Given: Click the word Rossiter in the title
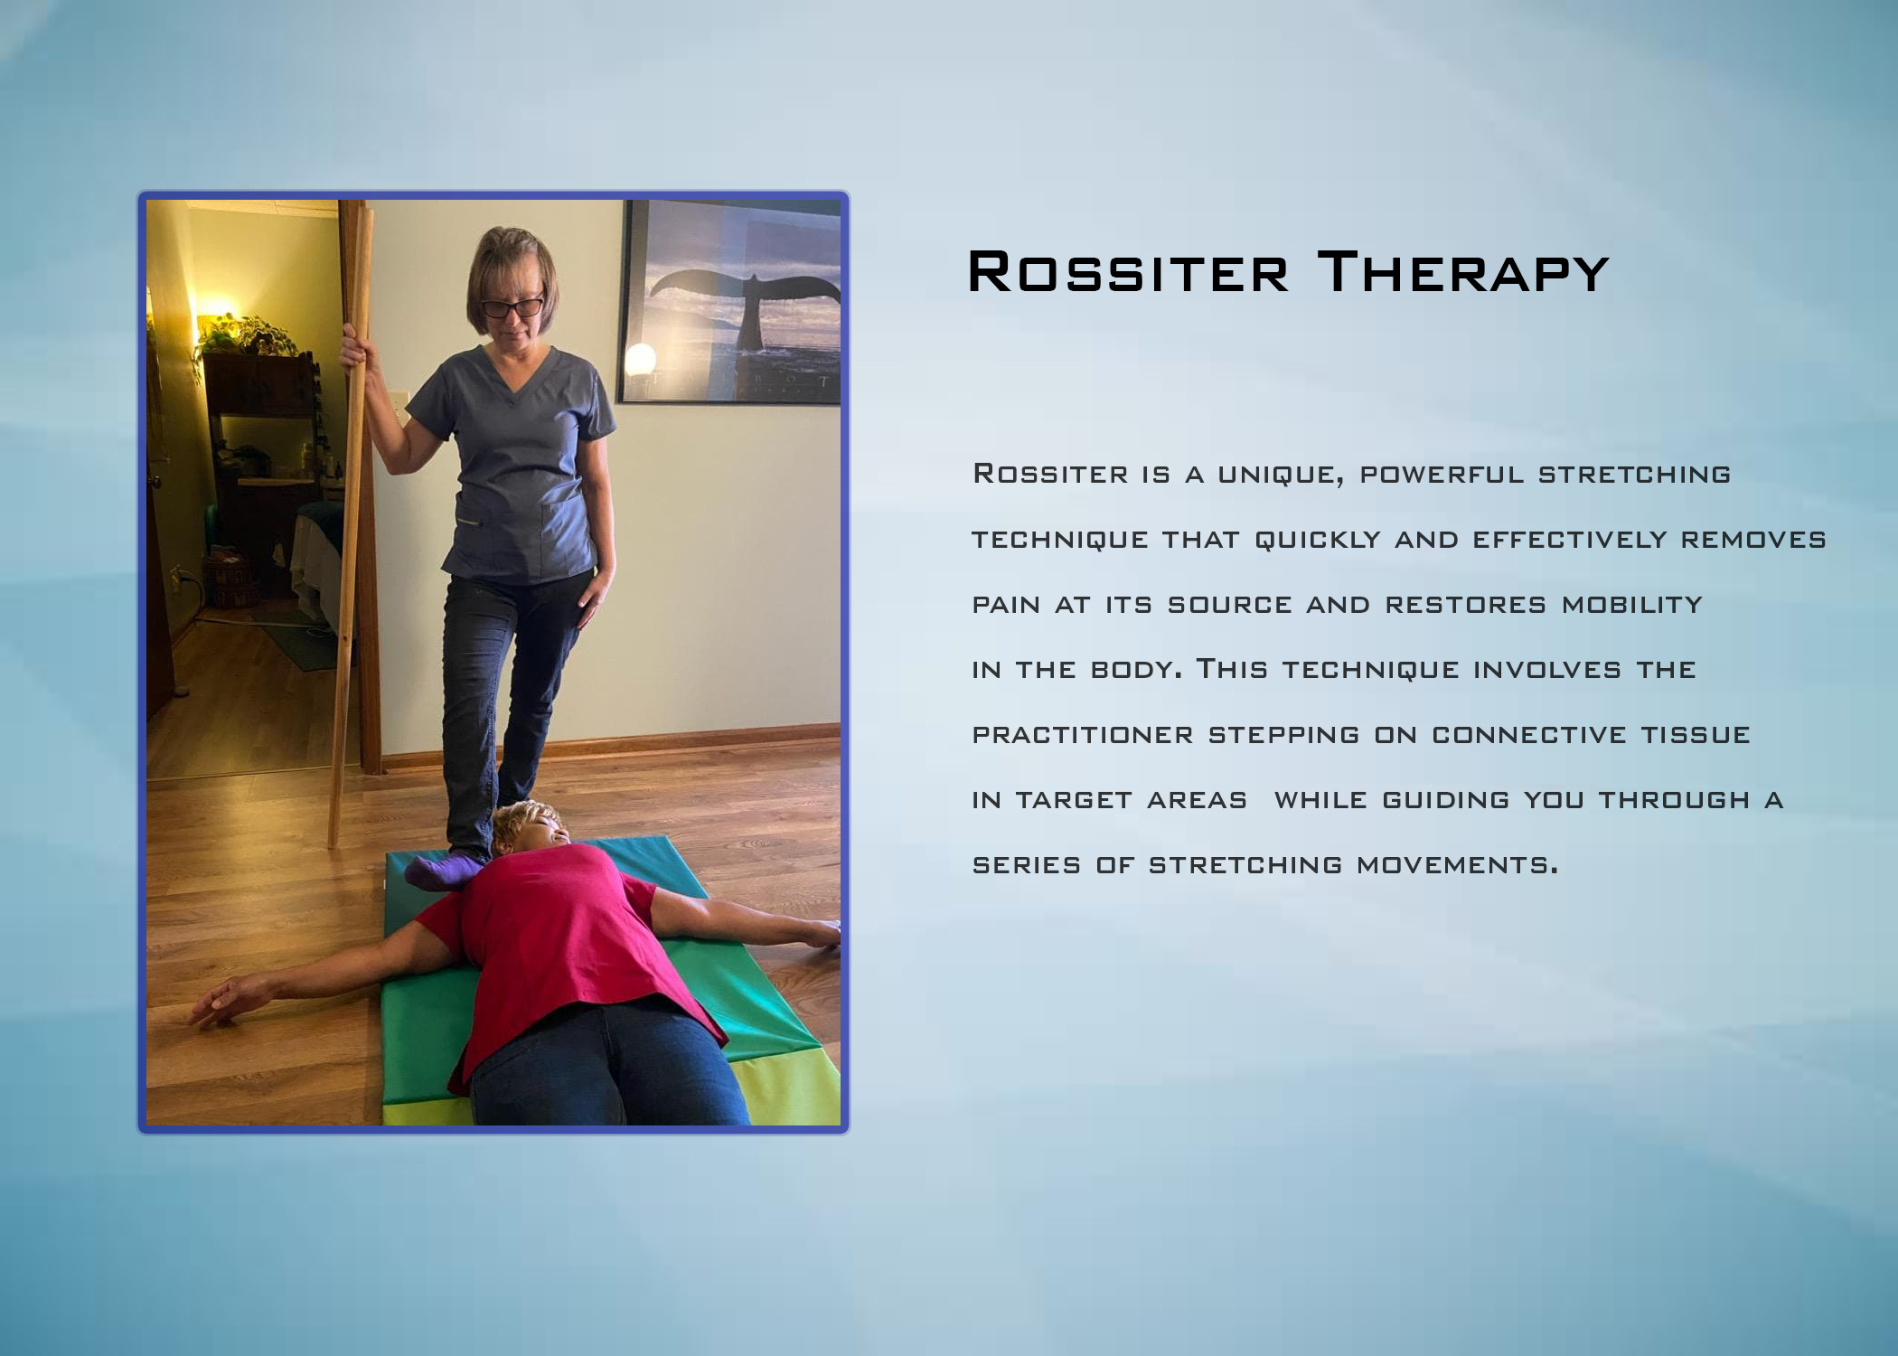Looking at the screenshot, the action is (1128, 272).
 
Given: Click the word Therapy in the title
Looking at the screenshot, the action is (1463, 272).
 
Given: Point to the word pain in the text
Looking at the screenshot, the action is (1006, 605).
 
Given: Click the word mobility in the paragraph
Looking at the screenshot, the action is (1631, 605).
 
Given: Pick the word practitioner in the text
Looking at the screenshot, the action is (1083, 735).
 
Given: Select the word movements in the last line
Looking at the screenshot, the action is (1457, 865).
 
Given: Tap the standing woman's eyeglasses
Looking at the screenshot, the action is (512, 307).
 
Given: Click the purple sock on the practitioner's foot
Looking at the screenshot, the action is (443, 871).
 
